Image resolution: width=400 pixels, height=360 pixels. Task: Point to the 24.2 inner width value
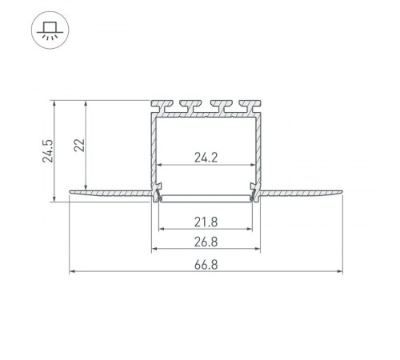(x=206, y=158)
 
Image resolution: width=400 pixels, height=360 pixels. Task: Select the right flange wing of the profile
(x=304, y=192)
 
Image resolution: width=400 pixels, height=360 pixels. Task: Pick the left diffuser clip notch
(x=157, y=192)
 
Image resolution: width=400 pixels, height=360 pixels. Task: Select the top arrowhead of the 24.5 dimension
(x=54, y=102)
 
